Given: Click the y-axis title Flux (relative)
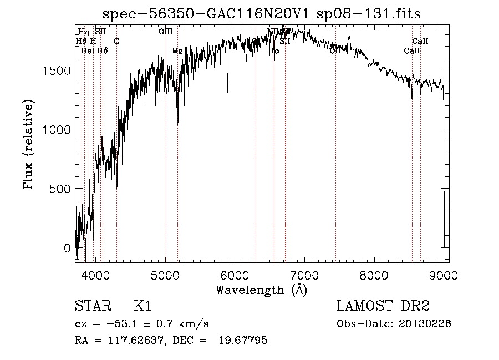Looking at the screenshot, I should [28, 144].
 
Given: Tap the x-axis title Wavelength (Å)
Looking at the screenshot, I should [261, 290].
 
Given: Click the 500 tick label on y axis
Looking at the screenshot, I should [59, 189].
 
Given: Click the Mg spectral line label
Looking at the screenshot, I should [177, 51].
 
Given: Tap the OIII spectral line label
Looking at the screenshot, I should [165, 32].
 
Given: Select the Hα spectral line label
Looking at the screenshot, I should [274, 51].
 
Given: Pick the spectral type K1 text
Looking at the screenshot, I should [142, 306].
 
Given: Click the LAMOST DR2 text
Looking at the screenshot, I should [383, 306].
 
